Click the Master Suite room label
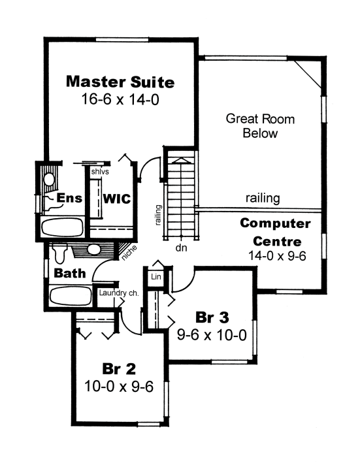point(120,82)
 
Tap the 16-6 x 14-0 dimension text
point(120,99)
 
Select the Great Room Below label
point(260,126)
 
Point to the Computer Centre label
point(275,233)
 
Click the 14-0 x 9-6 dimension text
point(277,255)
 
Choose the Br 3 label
point(212,317)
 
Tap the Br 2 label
point(119,369)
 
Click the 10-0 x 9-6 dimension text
point(119,387)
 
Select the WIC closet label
point(117,199)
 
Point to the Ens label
point(69,198)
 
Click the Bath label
point(70,273)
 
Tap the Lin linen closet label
point(156,277)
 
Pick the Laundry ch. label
point(119,293)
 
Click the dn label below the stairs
point(181,248)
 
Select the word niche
point(129,253)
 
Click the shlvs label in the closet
point(100,172)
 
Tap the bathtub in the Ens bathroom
point(62,227)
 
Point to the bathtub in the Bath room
point(71,296)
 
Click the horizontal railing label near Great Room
point(263,199)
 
